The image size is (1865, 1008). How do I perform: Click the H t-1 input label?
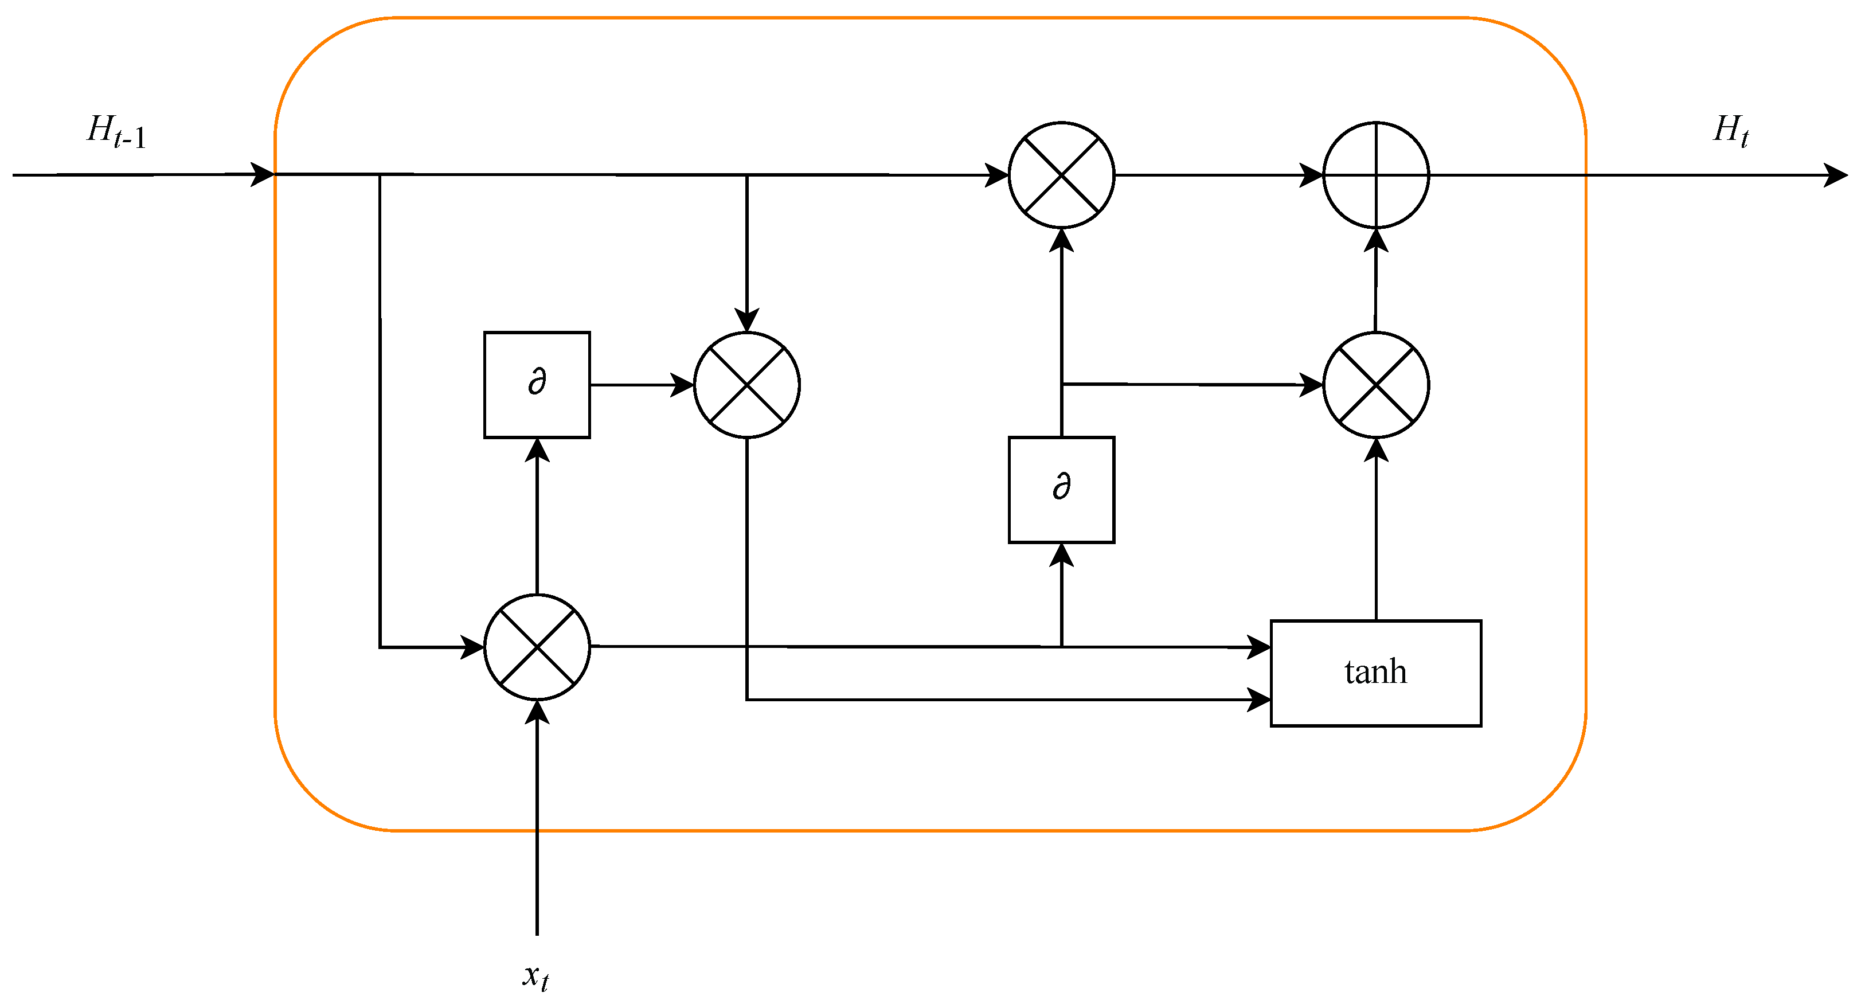click(x=116, y=132)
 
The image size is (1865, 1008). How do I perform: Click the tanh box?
click(x=1375, y=673)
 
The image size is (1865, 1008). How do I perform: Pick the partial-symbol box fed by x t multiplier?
click(x=537, y=385)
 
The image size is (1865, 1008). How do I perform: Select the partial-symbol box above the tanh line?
click(x=1061, y=490)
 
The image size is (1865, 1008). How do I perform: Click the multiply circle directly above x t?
click(x=537, y=647)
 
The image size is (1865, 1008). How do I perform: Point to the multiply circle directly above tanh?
click(x=1375, y=385)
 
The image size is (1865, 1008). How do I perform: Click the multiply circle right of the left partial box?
click(x=746, y=385)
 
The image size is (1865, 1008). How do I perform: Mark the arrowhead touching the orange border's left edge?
click(x=262, y=174)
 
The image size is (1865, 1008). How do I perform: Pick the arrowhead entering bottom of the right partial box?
click(x=1061, y=554)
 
